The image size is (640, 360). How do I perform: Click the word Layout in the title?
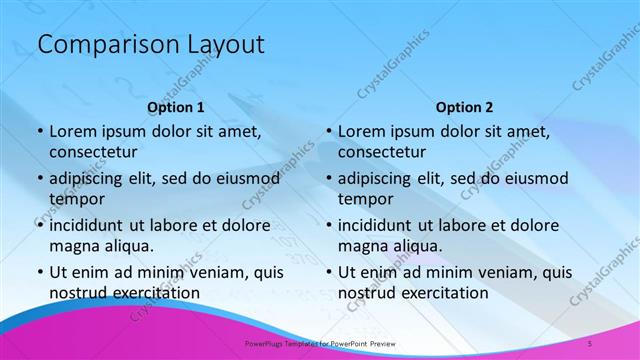click(x=227, y=45)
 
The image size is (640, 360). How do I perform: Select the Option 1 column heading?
click(x=176, y=107)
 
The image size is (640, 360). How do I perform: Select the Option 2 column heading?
click(x=465, y=107)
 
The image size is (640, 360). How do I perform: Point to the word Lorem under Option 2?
click(x=361, y=131)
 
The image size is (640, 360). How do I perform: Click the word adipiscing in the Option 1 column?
click(x=91, y=178)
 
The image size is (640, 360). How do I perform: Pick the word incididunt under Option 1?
click(x=92, y=225)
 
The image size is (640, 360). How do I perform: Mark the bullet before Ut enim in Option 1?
click(x=38, y=272)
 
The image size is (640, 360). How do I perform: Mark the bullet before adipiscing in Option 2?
click(x=327, y=178)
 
